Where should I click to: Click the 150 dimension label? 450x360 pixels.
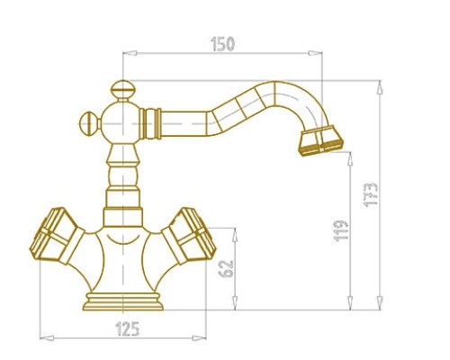(x=222, y=44)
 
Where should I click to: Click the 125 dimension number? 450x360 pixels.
(x=128, y=328)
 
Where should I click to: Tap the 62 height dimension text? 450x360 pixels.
(x=226, y=269)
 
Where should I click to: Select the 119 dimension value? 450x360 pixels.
(x=341, y=230)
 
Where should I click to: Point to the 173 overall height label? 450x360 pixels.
(x=371, y=194)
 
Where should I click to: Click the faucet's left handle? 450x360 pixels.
(x=57, y=237)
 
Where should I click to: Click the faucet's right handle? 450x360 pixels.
(x=189, y=237)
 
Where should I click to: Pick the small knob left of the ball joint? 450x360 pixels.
(x=89, y=123)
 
